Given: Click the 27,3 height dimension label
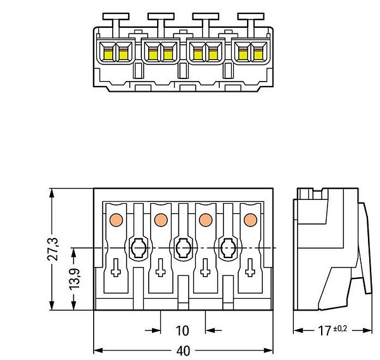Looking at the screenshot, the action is click(x=53, y=249).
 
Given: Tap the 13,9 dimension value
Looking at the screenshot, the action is click(x=75, y=279).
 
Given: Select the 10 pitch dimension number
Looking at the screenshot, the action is click(x=182, y=331).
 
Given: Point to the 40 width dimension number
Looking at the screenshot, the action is click(x=183, y=351).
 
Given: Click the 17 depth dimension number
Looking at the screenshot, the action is click(x=324, y=331).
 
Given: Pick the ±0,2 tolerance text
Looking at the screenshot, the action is click(x=340, y=328).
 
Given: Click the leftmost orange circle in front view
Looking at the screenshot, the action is click(x=116, y=220).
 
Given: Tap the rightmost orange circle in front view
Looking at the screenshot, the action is click(x=250, y=220).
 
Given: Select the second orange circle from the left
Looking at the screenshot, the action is click(x=161, y=220).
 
